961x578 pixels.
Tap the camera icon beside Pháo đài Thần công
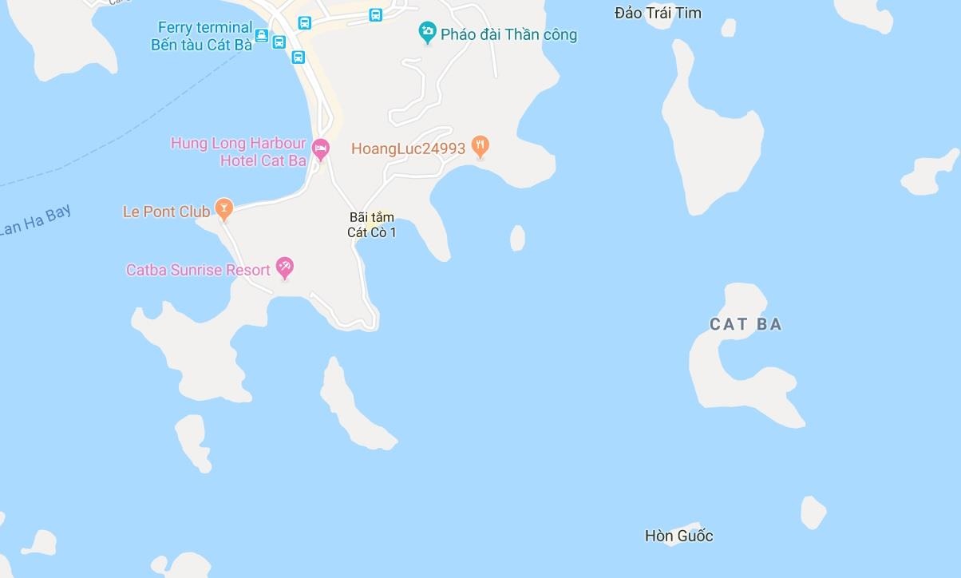click(428, 33)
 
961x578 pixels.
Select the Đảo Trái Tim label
click(658, 13)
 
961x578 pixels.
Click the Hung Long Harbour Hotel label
click(239, 152)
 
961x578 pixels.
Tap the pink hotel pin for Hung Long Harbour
click(320, 148)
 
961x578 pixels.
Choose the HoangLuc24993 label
click(408, 148)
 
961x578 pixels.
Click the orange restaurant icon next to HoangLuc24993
click(480, 145)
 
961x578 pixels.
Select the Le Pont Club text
click(166, 212)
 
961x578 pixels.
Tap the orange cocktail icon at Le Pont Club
click(224, 208)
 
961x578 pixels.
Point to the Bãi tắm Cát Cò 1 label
click(372, 224)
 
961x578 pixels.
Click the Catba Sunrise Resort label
click(198, 270)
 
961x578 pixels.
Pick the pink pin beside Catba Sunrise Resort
click(284, 267)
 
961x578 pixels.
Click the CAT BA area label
click(745, 324)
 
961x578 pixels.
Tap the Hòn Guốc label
click(678, 536)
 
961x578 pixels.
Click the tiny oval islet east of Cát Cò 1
click(517, 238)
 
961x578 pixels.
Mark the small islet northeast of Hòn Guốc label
click(813, 512)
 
